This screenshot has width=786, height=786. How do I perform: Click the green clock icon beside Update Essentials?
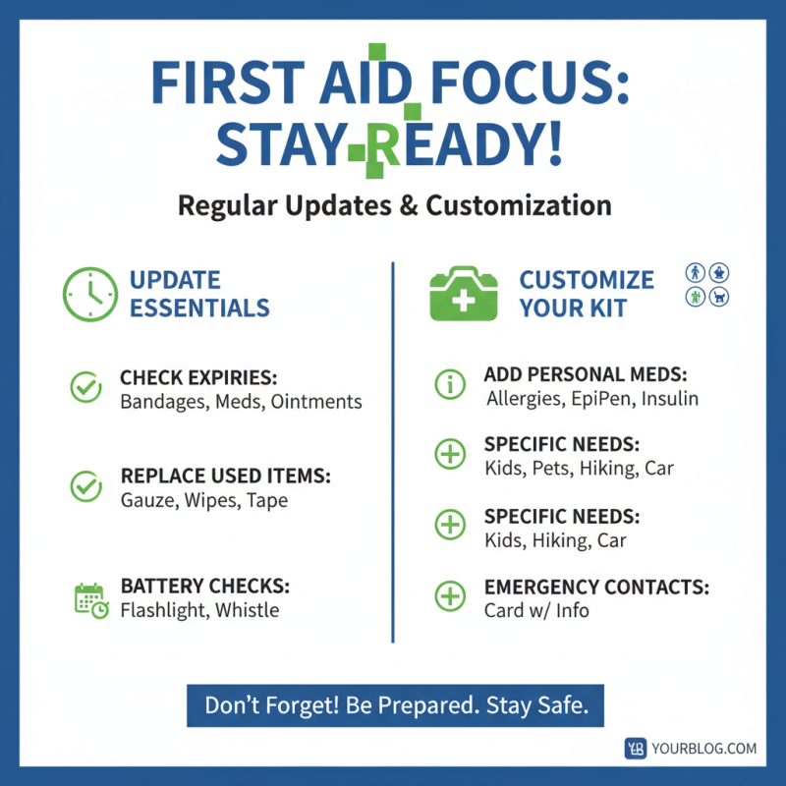[x=90, y=293]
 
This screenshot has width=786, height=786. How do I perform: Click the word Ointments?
[x=316, y=401]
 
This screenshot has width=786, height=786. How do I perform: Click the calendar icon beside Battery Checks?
[x=90, y=599]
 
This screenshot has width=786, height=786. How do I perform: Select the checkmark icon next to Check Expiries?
[x=86, y=388]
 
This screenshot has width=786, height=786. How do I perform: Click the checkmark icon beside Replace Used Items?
[x=86, y=485]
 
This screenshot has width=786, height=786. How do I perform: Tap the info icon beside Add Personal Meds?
[x=450, y=385]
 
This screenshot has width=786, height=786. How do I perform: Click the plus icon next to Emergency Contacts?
[x=450, y=595]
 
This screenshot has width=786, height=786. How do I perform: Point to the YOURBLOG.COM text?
[x=703, y=749]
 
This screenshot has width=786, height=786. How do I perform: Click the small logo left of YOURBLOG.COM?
[x=636, y=749]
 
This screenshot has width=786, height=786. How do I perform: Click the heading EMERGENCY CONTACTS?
[x=596, y=588]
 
